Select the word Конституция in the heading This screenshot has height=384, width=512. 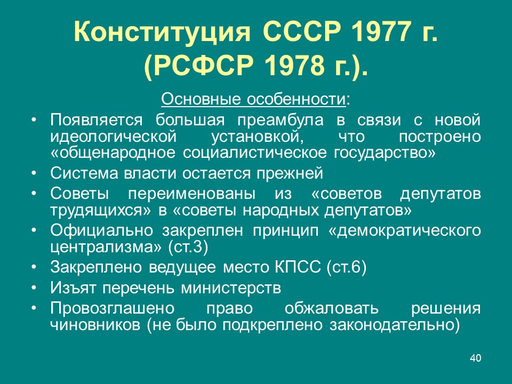tap(162, 32)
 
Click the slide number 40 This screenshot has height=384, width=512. tap(475, 358)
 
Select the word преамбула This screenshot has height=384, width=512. tap(280, 121)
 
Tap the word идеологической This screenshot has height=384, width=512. tap(113, 137)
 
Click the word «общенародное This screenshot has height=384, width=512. tap(113, 153)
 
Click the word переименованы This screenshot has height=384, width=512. tap(191, 194)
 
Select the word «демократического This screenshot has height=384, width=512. tap(404, 231)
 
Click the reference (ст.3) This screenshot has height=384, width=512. tap(188, 247)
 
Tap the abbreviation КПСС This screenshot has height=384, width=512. tap(298, 267)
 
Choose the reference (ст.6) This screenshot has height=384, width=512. tap(346, 267)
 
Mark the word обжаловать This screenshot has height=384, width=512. tap(331, 309)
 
